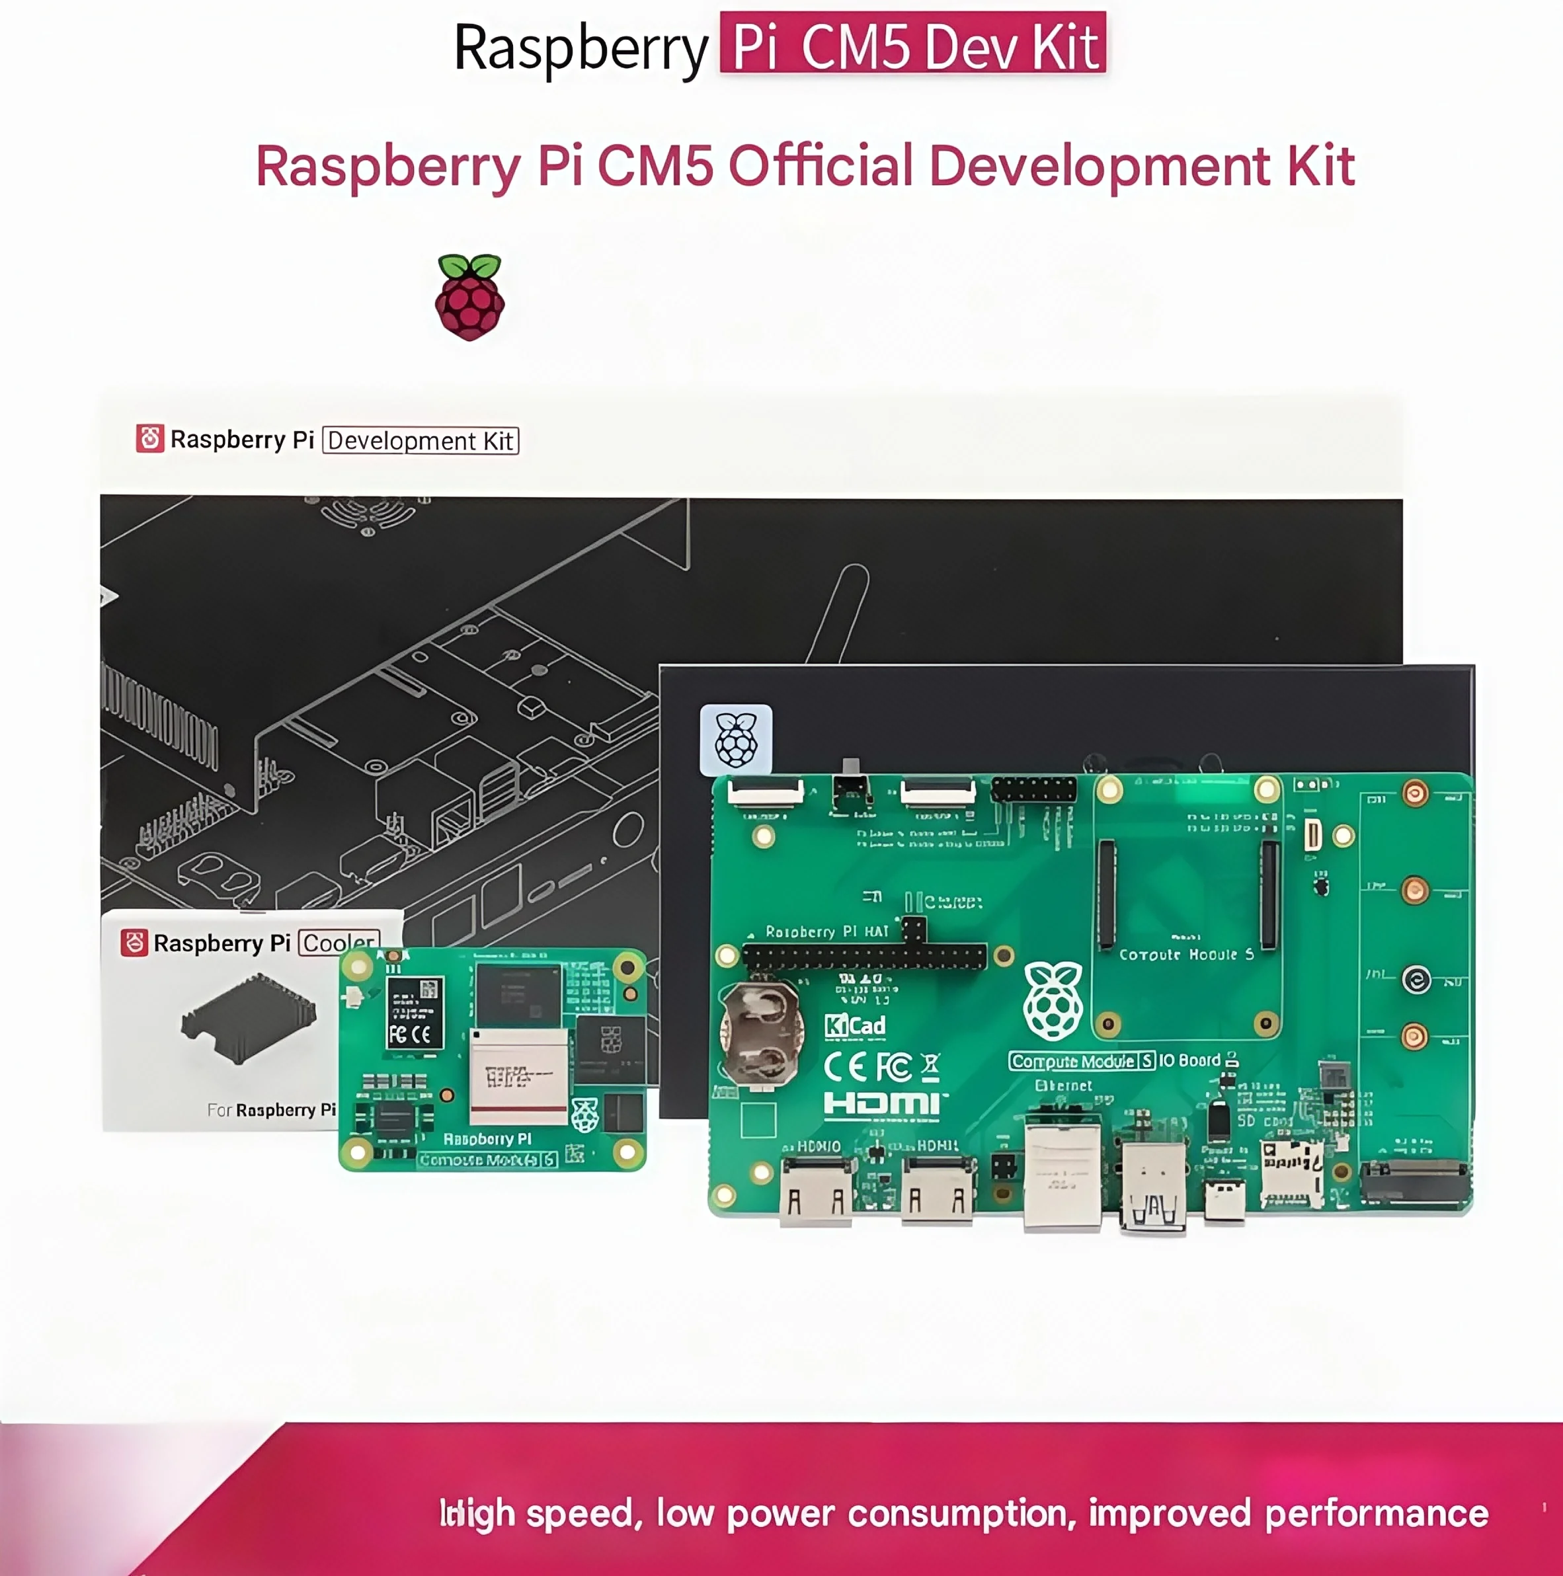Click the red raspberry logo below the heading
tap(470, 297)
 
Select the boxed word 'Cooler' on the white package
tap(339, 942)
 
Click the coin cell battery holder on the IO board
tap(761, 1033)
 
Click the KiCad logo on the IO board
tap(855, 1025)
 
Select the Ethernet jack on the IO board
tap(1062, 1175)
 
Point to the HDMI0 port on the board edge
tap(816, 1193)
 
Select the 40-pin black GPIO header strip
tap(865, 957)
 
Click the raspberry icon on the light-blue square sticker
tap(736, 740)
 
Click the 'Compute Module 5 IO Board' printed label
tap(1114, 1060)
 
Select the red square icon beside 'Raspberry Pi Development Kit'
tap(150, 439)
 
